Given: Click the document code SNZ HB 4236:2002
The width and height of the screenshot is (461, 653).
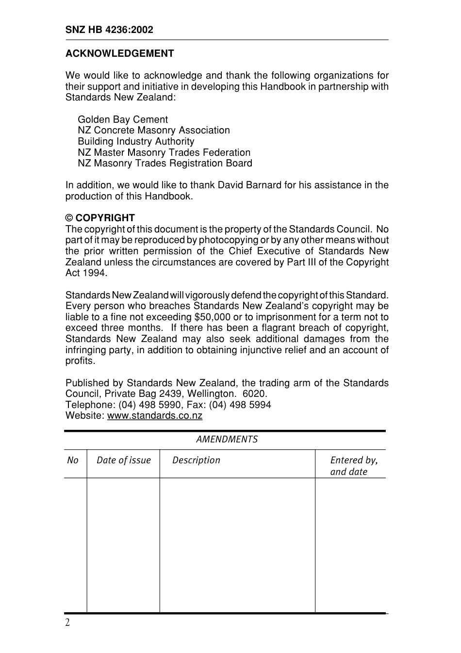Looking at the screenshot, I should [109, 30].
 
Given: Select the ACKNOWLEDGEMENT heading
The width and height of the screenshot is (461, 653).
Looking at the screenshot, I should [119, 53].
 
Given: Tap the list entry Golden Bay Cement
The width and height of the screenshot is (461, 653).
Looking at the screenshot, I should [123, 119].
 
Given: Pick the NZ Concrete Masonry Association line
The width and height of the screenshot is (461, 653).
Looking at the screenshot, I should [153, 130].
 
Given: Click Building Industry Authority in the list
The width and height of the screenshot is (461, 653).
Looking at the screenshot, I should [136, 141].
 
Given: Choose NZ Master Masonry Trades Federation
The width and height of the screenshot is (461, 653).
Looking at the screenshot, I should [164, 152].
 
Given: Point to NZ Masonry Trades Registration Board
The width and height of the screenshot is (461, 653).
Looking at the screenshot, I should [165, 163].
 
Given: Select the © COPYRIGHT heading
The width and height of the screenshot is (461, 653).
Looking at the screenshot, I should [100, 218].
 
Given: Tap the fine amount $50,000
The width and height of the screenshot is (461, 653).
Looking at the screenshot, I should [212, 317].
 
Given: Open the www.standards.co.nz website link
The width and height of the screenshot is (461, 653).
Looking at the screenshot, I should [154, 416].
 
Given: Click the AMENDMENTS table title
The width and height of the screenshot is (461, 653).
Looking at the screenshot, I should [227, 440].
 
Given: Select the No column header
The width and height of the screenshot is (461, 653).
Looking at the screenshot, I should [73, 460].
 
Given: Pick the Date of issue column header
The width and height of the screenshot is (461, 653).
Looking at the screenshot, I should [123, 460].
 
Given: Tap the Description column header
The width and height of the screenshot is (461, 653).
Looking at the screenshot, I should [196, 460].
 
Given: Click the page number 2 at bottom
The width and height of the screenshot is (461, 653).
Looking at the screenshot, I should [67, 623].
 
